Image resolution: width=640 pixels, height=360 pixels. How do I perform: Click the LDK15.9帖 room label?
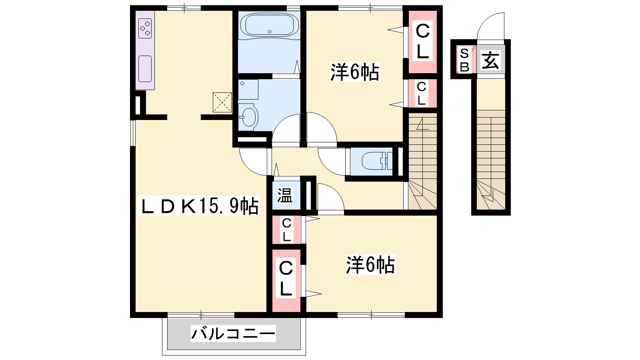[198, 206]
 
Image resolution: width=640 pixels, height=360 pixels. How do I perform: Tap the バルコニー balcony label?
[233, 334]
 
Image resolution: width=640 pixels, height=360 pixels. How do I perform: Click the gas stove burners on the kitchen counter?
[145, 28]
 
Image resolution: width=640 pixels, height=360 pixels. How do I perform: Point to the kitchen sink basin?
[145, 69]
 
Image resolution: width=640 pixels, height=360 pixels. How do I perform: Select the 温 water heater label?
[285, 196]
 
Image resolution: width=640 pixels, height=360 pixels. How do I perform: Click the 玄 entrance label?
[490, 60]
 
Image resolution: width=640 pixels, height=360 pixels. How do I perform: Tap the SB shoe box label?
[464, 60]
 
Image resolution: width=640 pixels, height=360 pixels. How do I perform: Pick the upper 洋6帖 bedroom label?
[354, 72]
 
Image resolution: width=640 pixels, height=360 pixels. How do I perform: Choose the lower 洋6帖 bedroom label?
[370, 264]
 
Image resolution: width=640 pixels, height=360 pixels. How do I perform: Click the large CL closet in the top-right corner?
[422, 42]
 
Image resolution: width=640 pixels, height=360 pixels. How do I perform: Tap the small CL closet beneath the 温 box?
[286, 230]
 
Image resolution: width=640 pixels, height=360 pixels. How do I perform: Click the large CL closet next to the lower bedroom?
[286, 280]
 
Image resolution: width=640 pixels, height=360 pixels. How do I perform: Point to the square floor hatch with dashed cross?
[222, 102]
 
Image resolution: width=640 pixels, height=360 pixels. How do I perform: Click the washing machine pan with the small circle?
[248, 89]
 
